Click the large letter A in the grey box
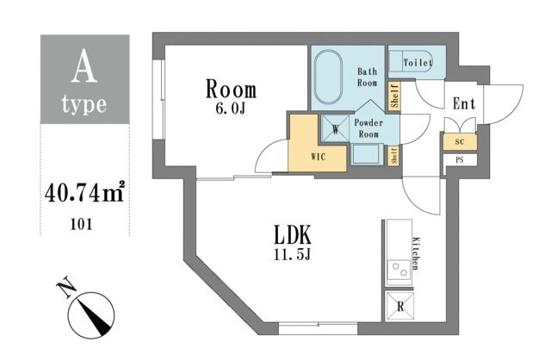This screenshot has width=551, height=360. pyautogui.click(x=84, y=67)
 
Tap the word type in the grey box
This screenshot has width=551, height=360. pyautogui.click(x=84, y=105)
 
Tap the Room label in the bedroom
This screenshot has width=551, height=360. pyautogui.click(x=230, y=90)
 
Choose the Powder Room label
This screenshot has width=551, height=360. pyautogui.click(x=368, y=128)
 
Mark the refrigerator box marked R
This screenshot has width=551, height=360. pyautogui.click(x=399, y=305)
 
